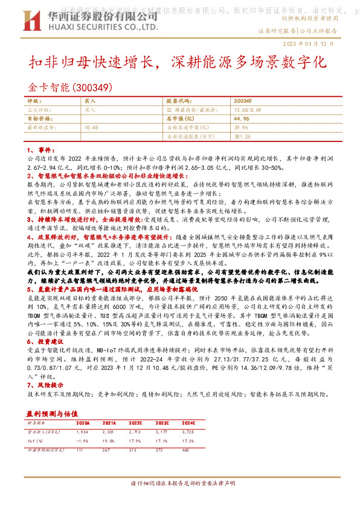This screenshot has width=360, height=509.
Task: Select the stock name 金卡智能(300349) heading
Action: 70,87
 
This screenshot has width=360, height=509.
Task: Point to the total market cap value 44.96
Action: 241,119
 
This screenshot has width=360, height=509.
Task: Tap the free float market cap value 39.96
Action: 241,128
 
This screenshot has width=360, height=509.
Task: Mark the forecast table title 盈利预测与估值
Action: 51,413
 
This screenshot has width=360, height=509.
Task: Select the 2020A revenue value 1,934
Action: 82,433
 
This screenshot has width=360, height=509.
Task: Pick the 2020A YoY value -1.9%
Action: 83,441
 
